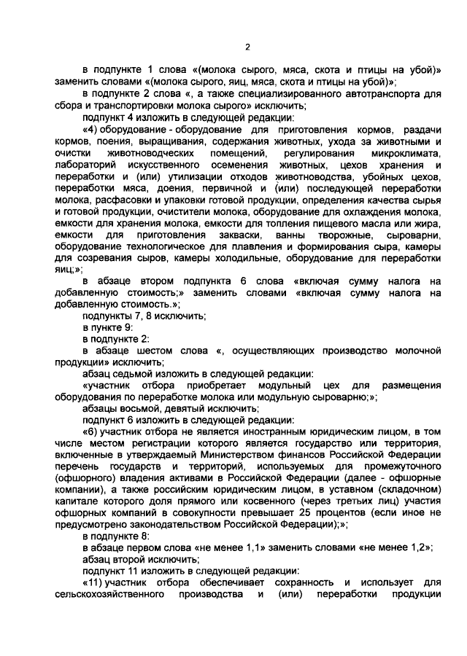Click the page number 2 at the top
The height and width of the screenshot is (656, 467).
point(247,47)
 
